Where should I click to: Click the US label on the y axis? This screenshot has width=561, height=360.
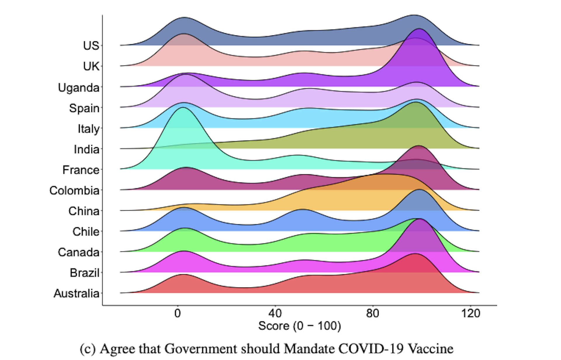(91, 46)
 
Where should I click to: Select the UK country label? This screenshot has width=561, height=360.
(91, 66)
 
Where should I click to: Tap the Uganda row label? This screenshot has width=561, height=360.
(79, 88)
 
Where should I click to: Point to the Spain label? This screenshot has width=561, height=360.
(84, 108)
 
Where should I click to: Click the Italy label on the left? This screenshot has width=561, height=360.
(88, 129)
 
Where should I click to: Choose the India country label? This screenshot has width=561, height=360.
(86, 149)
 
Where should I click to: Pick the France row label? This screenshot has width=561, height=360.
(81, 170)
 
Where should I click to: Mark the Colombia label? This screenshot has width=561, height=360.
(74, 191)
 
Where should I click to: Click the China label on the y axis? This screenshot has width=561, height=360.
(84, 211)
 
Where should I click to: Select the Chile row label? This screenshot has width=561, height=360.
(86, 232)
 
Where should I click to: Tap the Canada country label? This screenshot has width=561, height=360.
(78, 252)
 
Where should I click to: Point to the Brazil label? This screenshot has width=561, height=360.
(84, 273)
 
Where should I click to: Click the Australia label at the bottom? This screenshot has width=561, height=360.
(76, 293)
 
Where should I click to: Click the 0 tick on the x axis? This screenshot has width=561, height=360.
(177, 314)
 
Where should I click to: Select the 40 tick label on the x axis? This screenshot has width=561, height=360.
(275, 314)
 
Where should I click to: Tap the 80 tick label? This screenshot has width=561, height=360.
(373, 314)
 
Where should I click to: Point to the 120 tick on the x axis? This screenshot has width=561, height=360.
(470, 314)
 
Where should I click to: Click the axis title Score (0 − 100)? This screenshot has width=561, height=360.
(299, 326)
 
